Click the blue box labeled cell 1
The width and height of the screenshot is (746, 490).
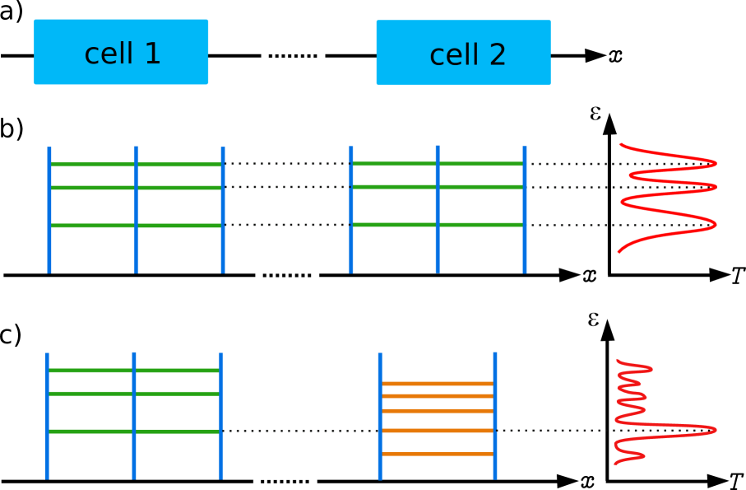tap(121, 52)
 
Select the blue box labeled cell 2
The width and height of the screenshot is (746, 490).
tap(463, 53)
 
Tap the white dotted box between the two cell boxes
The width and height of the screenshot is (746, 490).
tap(293, 55)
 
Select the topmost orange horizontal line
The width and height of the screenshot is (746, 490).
tap(438, 384)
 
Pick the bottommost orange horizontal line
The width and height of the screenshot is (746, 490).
tap(438, 454)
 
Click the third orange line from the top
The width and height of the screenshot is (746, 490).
tap(438, 411)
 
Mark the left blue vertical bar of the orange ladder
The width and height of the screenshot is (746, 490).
tap(380, 416)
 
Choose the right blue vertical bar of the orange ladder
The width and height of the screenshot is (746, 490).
tap(495, 416)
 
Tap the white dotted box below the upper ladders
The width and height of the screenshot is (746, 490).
tap(287, 274)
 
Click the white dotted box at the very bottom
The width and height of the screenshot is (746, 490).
tap(285, 480)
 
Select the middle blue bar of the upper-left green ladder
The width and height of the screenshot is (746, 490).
tap(137, 209)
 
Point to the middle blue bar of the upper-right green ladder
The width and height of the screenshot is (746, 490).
tap(438, 209)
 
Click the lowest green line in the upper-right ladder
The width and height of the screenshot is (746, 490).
tap(438, 225)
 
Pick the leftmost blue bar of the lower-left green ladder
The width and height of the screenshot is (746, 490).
tap(47, 416)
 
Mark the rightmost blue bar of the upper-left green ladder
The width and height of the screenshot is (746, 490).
tap(223, 209)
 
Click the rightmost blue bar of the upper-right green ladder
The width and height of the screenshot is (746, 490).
tap(525, 209)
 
